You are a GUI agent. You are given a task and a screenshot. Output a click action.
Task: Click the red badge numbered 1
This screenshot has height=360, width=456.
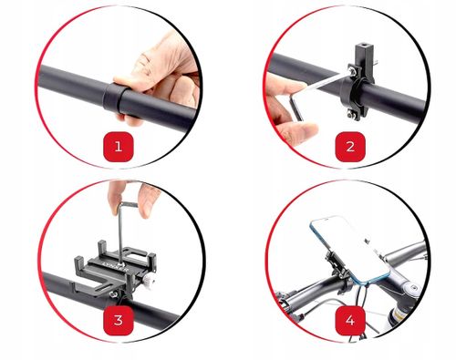point(119,147)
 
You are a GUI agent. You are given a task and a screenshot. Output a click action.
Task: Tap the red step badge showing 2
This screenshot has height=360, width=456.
point(350,147)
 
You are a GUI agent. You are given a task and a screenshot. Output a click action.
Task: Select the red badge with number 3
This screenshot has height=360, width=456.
point(119,321)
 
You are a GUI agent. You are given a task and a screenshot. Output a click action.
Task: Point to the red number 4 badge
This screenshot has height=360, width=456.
point(350,321)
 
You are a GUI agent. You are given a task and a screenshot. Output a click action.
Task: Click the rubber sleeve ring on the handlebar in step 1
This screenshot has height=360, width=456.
point(112,98)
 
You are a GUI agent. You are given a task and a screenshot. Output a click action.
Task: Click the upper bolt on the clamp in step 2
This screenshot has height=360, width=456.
point(353,71)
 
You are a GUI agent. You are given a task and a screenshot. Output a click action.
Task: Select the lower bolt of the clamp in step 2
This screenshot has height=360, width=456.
point(353,115)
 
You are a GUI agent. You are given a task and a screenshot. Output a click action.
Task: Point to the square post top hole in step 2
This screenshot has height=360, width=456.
point(364,48)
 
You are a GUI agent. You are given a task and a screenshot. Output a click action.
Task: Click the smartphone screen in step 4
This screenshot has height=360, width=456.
point(350,245)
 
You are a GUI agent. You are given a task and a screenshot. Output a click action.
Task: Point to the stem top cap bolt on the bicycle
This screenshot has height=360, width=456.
point(411,286)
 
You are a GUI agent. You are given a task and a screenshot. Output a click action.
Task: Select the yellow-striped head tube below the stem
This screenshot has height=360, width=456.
point(397,317)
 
